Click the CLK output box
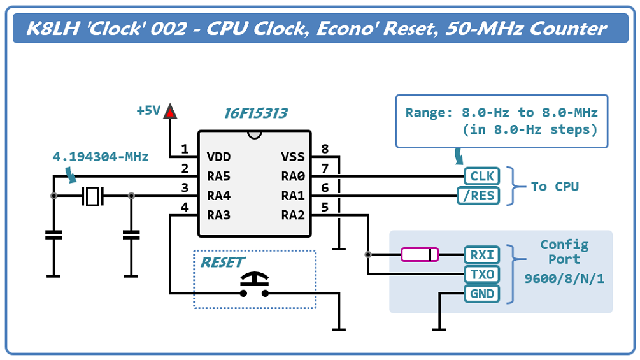click(x=481, y=176)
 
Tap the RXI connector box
click(x=481, y=255)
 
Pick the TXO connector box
click(x=481, y=275)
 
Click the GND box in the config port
click(x=481, y=294)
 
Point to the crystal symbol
click(x=93, y=196)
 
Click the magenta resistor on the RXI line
click(x=420, y=255)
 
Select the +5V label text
click(x=148, y=110)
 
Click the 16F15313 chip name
click(x=255, y=113)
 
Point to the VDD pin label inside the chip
click(x=219, y=157)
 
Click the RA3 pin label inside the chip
click(x=218, y=215)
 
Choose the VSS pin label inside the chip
click(x=293, y=157)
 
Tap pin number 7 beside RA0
click(x=325, y=169)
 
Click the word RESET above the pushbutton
click(x=222, y=262)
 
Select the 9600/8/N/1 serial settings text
click(x=564, y=278)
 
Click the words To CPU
click(x=555, y=186)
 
